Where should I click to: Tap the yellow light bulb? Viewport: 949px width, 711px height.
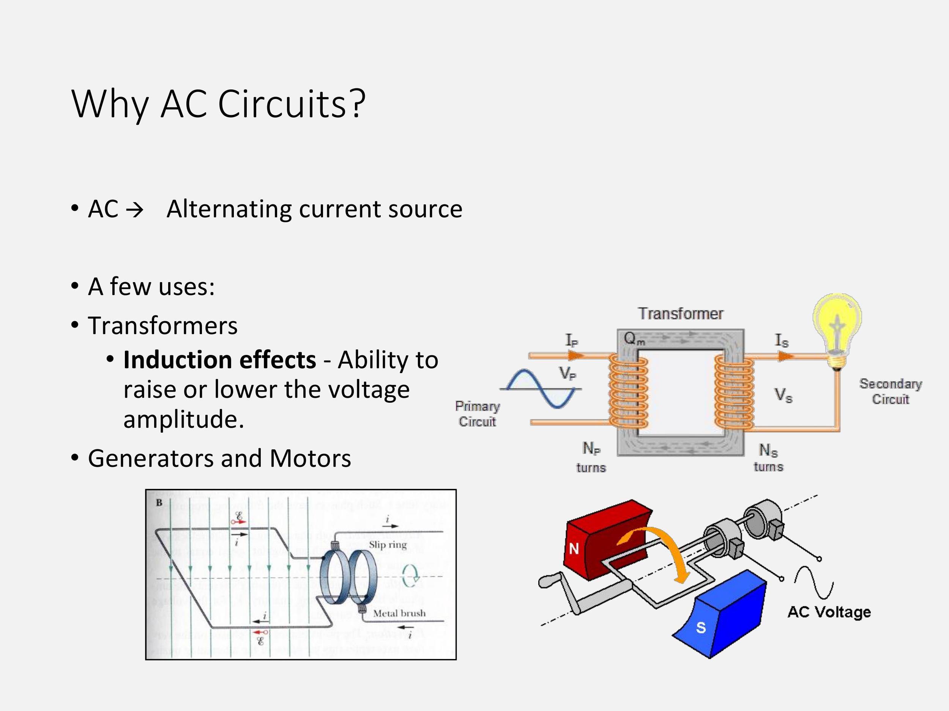[x=837, y=326]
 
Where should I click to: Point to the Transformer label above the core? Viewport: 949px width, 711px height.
[x=680, y=314]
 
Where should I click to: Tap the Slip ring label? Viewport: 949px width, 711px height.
[x=388, y=544]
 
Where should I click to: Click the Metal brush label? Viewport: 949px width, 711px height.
[x=399, y=613]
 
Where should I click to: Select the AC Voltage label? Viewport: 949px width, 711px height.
[x=829, y=612]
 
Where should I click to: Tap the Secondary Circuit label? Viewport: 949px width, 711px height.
[x=890, y=391]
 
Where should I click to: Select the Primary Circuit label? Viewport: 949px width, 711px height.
[x=477, y=414]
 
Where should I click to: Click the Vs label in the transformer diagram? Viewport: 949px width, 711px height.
[x=783, y=395]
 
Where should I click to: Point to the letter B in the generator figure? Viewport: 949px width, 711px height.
[x=159, y=503]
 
